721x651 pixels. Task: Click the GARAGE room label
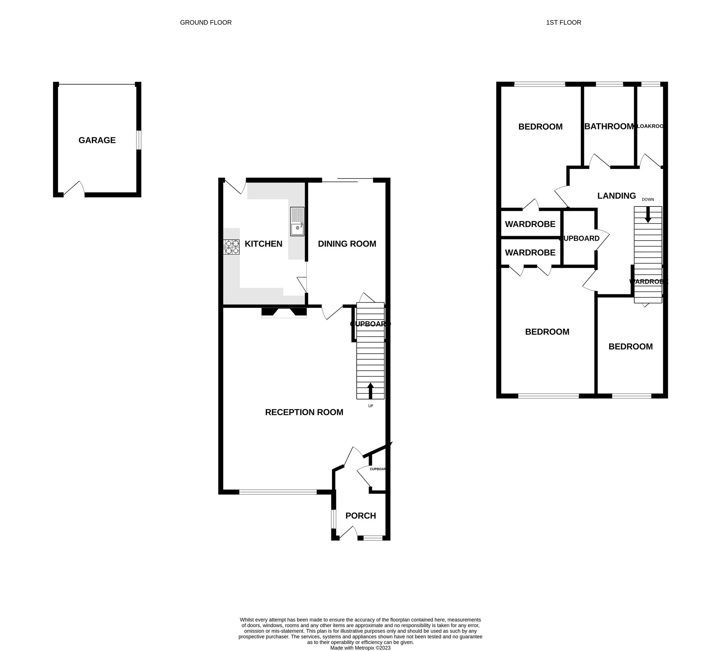click(97, 140)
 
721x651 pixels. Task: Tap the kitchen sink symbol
click(297, 221)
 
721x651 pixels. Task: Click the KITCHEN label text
click(263, 244)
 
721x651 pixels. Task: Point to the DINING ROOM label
click(347, 244)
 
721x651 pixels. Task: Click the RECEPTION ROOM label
click(304, 412)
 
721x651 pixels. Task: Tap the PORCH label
click(360, 516)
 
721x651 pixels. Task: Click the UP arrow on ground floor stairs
click(370, 391)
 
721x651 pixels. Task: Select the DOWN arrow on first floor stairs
click(648, 214)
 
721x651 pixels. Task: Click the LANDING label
click(616, 196)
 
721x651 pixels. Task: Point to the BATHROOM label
click(609, 126)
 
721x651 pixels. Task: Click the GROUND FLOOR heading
click(205, 22)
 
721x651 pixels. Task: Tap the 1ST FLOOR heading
click(563, 22)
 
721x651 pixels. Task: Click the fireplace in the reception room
click(284, 312)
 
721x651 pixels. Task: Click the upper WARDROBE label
click(530, 224)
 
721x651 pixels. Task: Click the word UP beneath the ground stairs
click(370, 406)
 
